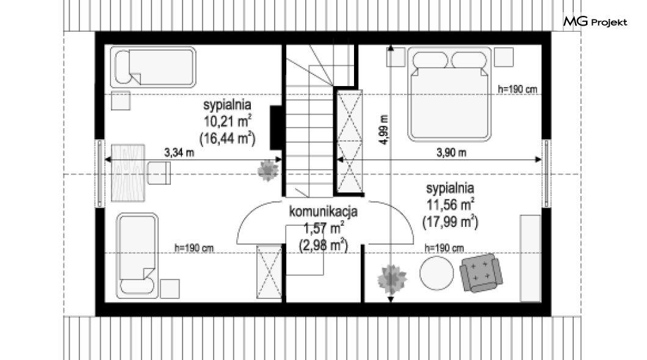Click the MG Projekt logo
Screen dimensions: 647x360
click(x=595, y=21)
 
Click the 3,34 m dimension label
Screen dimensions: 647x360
click(x=179, y=153)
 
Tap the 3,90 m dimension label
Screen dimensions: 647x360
click(x=452, y=153)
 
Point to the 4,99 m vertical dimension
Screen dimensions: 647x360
click(x=384, y=129)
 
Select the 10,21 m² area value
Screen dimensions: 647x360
click(x=227, y=121)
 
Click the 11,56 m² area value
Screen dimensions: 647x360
click(x=450, y=204)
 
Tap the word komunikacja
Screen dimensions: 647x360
click(x=323, y=212)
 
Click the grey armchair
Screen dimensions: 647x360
click(x=481, y=273)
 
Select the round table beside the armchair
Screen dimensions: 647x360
click(x=436, y=273)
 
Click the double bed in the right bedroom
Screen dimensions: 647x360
click(x=449, y=94)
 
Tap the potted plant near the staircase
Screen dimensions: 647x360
click(x=268, y=170)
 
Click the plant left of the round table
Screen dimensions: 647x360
click(x=392, y=279)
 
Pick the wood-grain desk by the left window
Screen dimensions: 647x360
click(x=128, y=173)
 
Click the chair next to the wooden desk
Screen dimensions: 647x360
click(x=159, y=173)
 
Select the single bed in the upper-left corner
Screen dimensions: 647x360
click(x=153, y=67)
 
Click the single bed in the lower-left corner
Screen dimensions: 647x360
click(x=137, y=256)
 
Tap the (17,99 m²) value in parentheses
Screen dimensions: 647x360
click(x=450, y=222)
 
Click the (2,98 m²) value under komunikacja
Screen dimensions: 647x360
click(x=323, y=245)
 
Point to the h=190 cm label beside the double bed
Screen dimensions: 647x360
click(x=518, y=88)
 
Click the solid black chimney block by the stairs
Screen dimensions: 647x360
click(x=276, y=128)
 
